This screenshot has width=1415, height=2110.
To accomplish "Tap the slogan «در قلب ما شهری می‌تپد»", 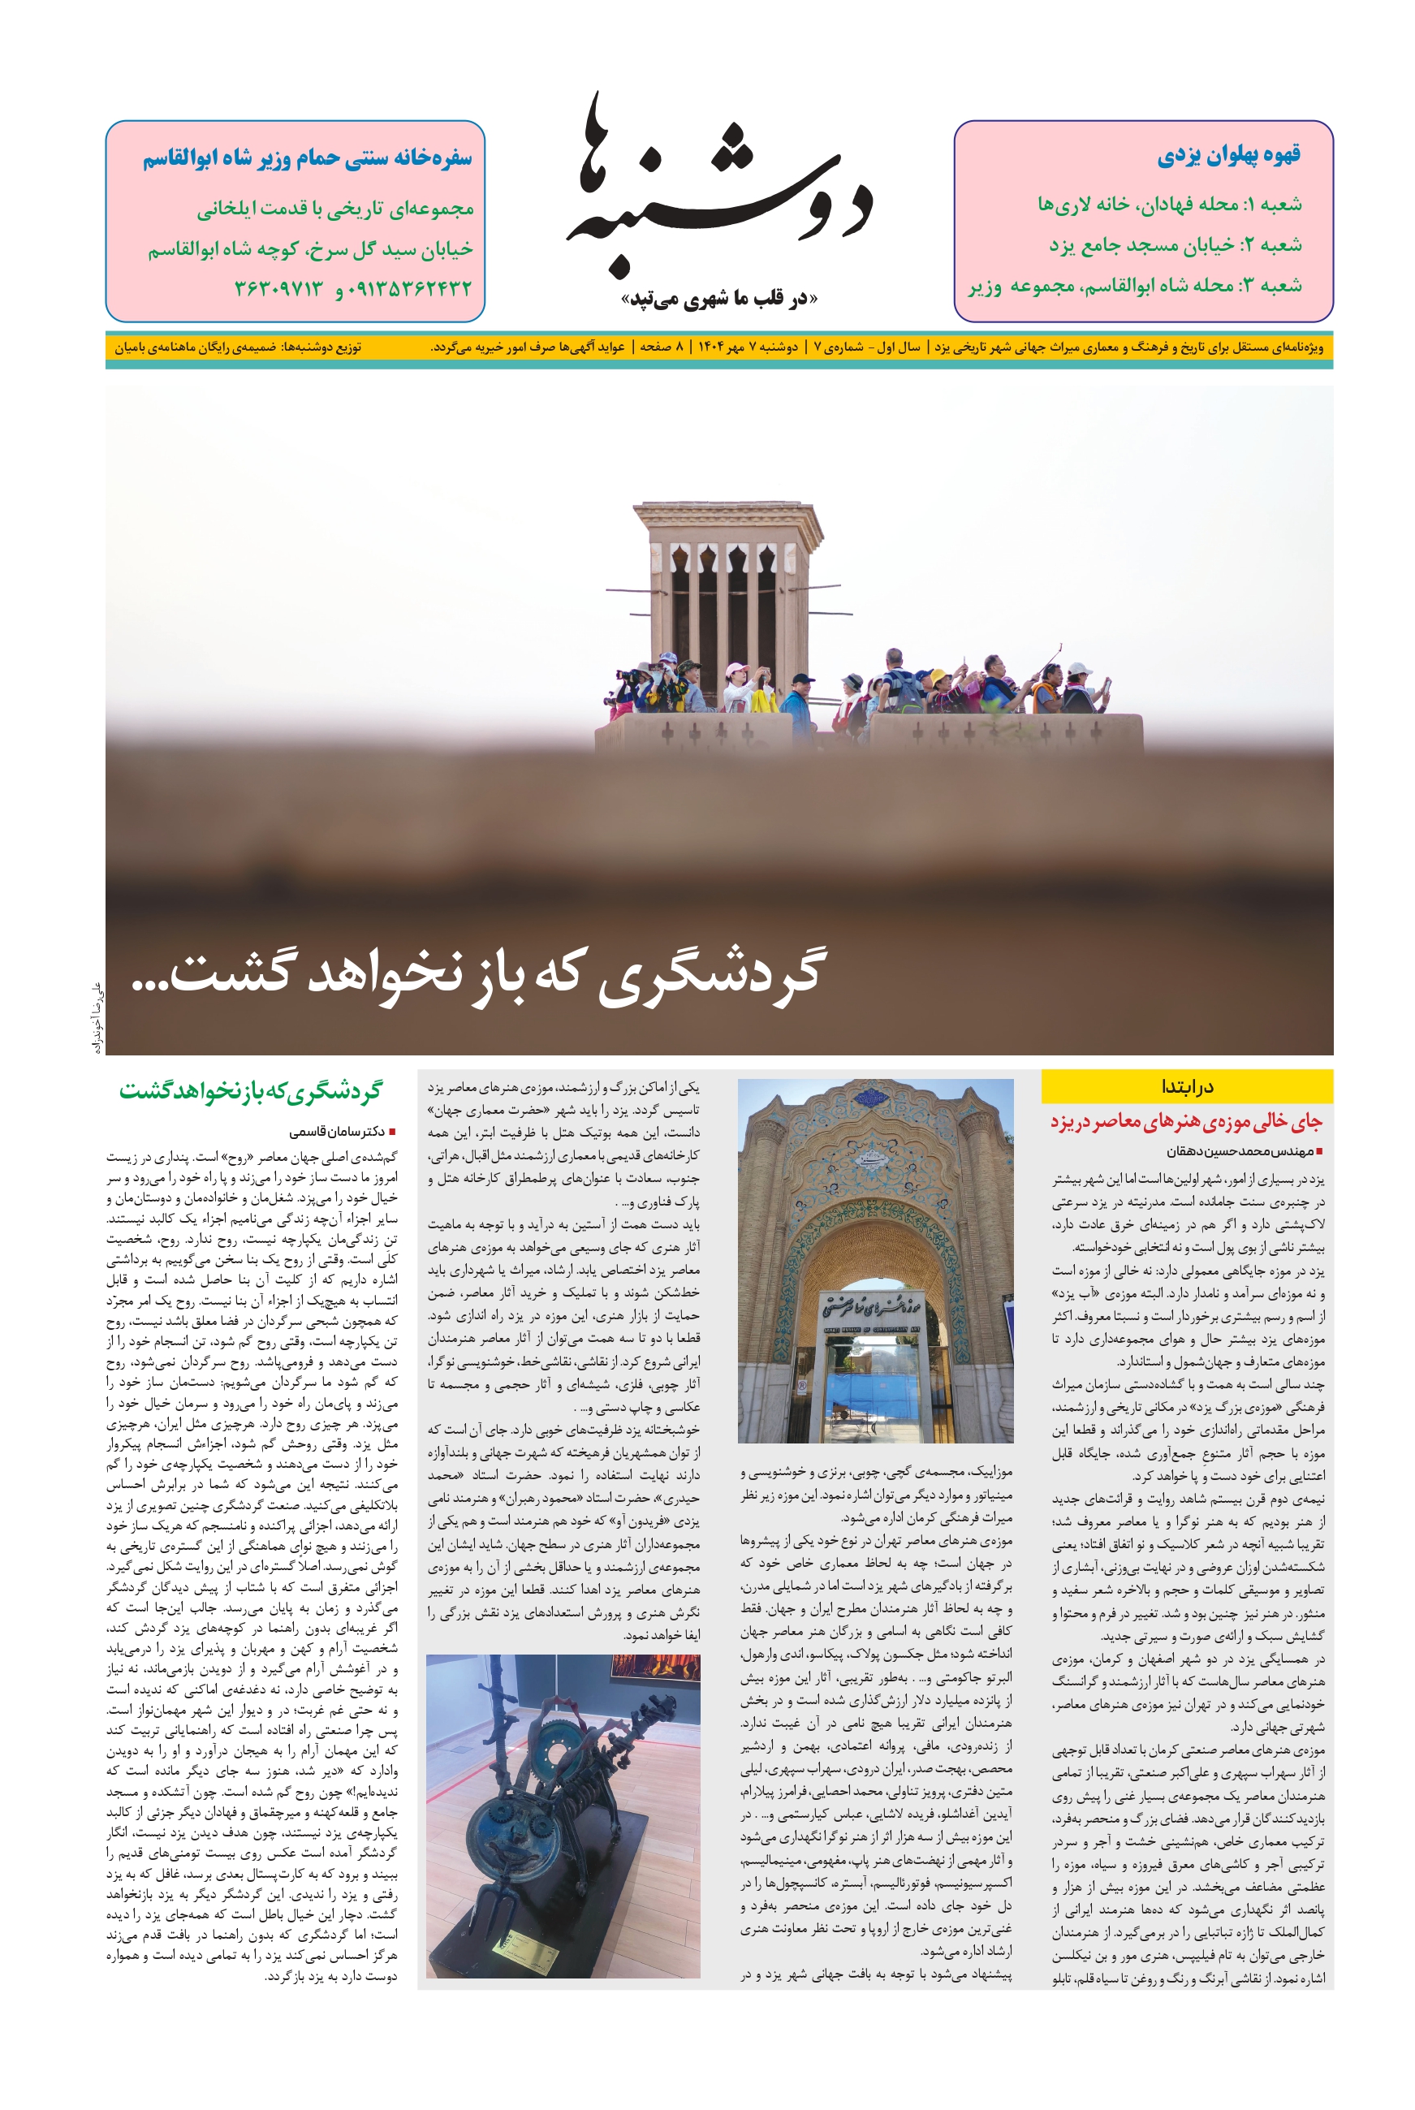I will click(x=719, y=299).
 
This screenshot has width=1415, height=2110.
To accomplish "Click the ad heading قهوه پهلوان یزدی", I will click(x=1228, y=155).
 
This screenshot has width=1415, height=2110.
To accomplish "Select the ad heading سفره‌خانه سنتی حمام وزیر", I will click(x=307, y=159).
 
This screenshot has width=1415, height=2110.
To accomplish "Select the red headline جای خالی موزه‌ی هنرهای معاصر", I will click(x=1186, y=1122).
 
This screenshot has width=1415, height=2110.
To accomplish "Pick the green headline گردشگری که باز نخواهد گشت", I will click(x=250, y=1091).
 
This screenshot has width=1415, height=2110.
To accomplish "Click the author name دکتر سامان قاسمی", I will click(x=338, y=1131).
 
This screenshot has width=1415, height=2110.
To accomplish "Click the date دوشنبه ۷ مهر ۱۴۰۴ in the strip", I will click(x=746, y=347).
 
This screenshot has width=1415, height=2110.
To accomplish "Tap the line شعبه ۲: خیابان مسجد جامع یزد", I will click(x=1175, y=244).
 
